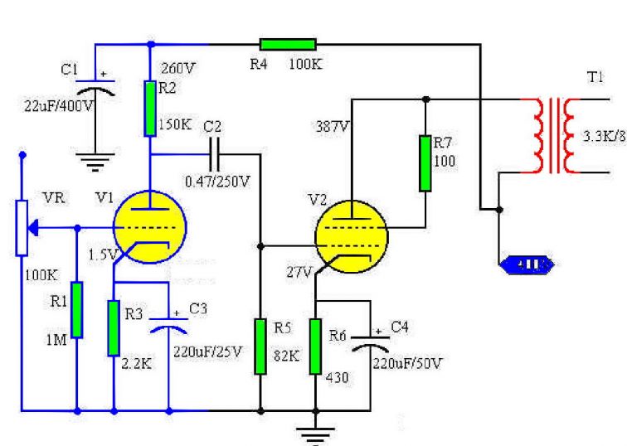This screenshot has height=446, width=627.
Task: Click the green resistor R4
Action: (287, 45)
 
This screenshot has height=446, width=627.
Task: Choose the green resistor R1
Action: (77, 309)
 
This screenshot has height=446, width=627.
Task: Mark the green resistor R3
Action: (114, 327)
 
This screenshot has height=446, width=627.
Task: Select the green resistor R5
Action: (260, 345)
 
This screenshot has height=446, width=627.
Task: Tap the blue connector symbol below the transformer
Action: (523, 265)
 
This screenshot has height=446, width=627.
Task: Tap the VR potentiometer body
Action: (22, 225)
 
